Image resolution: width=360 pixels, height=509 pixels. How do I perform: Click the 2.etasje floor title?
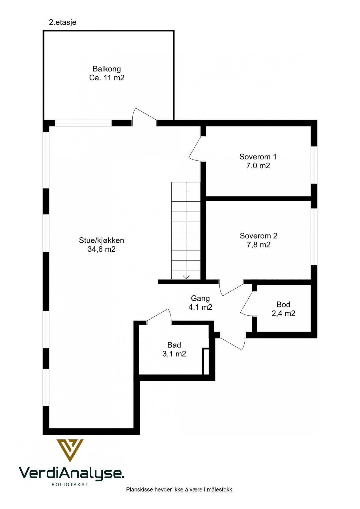tap(62, 22)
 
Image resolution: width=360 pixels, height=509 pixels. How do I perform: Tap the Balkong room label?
tap(107, 69)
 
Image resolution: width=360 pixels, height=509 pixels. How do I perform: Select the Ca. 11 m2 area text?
tap(107, 78)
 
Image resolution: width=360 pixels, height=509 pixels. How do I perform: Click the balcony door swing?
tap(144, 117)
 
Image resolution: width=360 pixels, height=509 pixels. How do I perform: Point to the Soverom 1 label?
tap(258, 157)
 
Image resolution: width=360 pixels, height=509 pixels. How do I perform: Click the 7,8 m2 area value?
tap(258, 245)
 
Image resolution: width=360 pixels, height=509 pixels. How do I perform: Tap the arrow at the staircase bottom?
tap(186, 277)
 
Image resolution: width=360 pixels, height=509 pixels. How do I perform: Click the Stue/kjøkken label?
tap(102, 240)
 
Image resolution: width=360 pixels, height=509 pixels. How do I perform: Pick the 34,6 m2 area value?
tap(102, 249)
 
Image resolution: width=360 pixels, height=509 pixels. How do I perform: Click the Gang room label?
tap(200, 298)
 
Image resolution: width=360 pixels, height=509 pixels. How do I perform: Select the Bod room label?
tap(283, 305)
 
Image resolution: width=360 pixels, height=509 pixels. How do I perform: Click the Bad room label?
tap(174, 345)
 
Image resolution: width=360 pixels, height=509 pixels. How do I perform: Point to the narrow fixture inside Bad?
tap(206, 362)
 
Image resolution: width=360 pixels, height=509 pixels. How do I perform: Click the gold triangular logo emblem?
tap(70, 450)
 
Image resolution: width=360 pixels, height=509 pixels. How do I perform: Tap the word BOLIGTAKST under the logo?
tap(70, 484)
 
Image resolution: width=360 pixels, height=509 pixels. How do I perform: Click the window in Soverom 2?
tap(314, 236)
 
